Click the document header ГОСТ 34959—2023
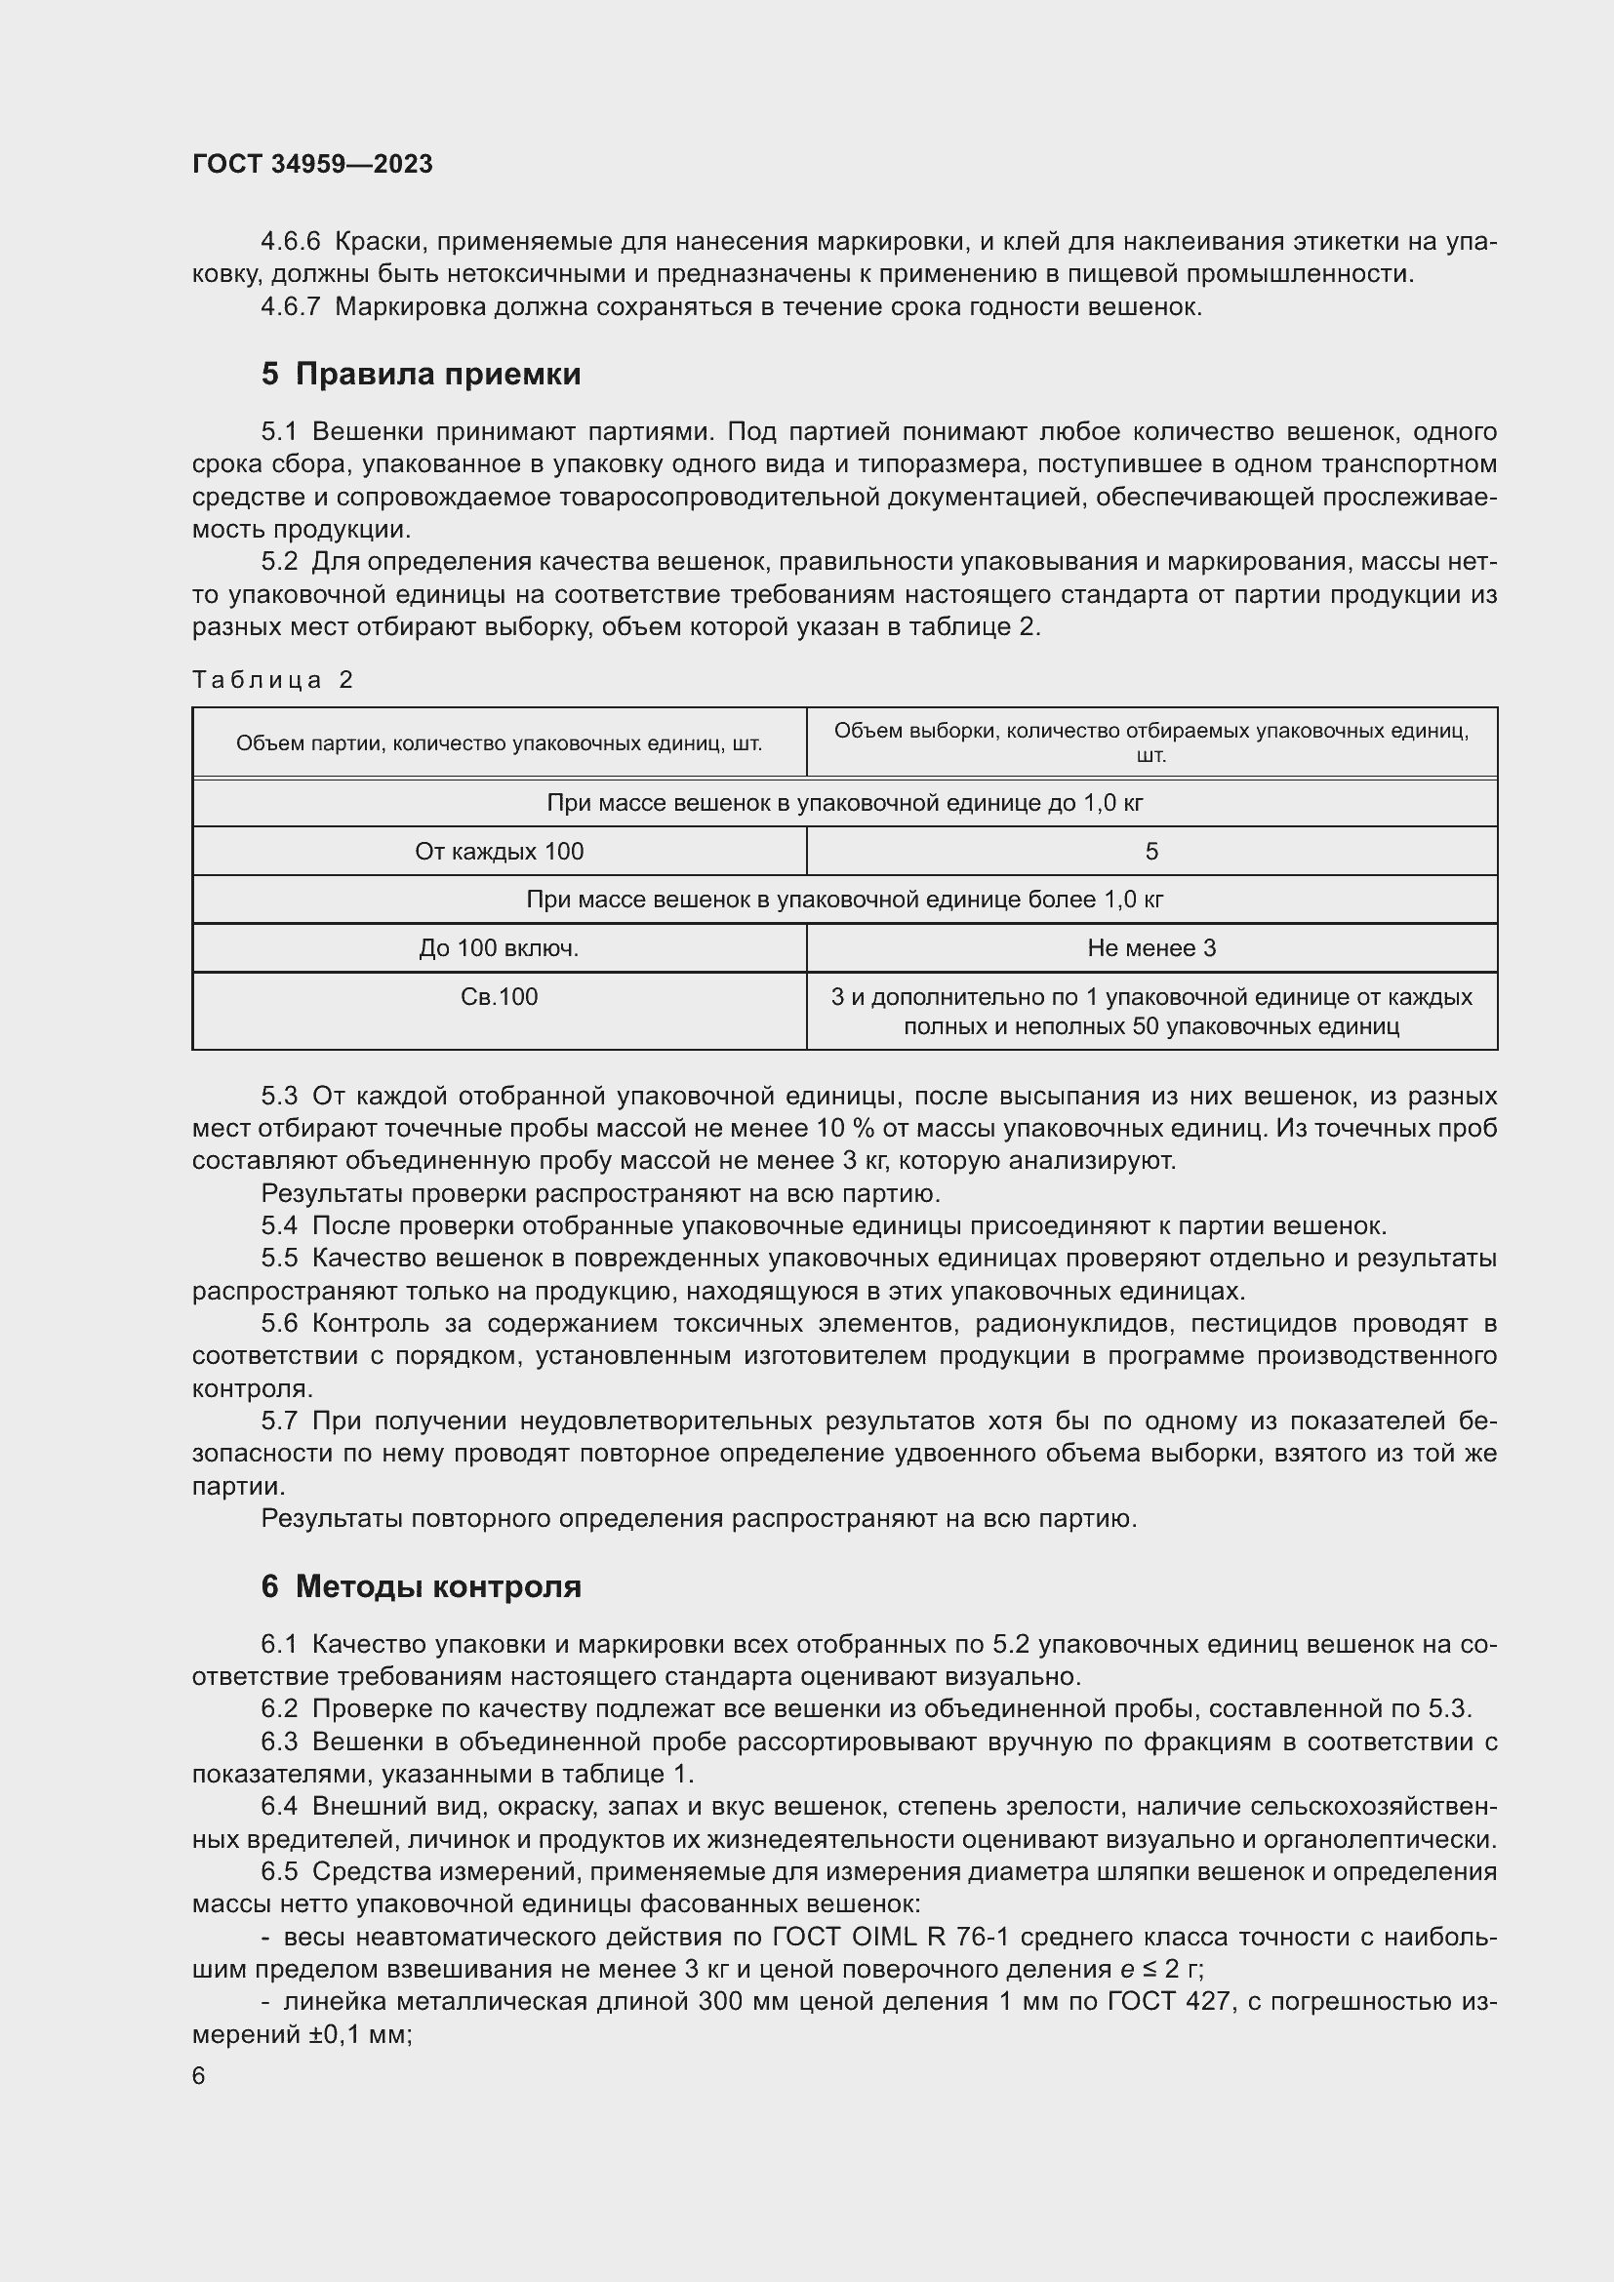click(312, 164)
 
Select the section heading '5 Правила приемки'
click(422, 374)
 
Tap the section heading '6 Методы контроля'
click(422, 1586)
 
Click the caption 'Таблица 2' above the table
click(272, 680)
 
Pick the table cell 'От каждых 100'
click(499, 852)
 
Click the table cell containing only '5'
click(1150, 852)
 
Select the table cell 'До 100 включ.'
click(499, 948)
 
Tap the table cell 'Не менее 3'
click(1150, 948)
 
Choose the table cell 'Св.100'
click(499, 997)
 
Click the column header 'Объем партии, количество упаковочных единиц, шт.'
click(499, 743)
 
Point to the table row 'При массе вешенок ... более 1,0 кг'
click(845, 900)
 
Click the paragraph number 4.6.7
click(290, 307)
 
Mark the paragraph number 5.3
click(279, 1097)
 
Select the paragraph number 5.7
click(279, 1421)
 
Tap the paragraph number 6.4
click(279, 1806)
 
